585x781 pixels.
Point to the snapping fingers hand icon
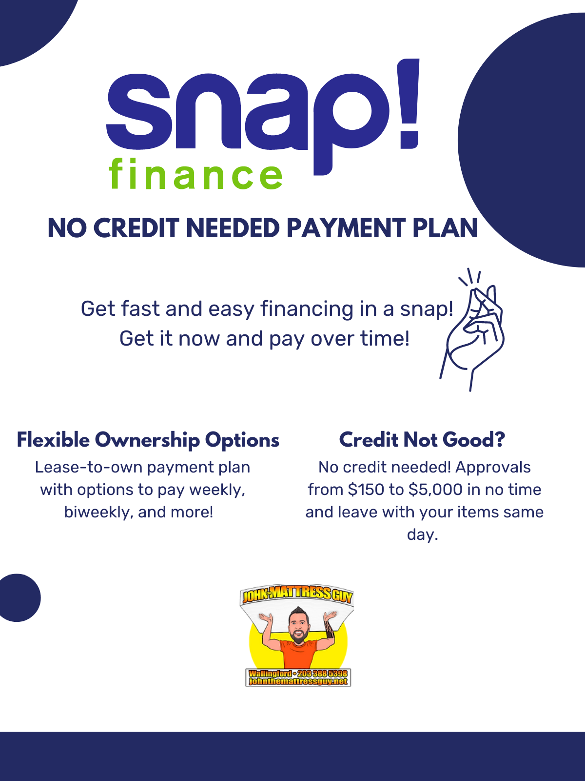[x=472, y=329]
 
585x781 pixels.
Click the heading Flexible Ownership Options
[x=148, y=440]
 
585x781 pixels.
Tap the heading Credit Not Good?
[x=422, y=440]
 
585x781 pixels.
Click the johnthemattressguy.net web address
[x=298, y=681]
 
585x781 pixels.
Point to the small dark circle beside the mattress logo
[x=17, y=598]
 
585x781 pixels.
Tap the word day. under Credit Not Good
[x=422, y=535]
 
